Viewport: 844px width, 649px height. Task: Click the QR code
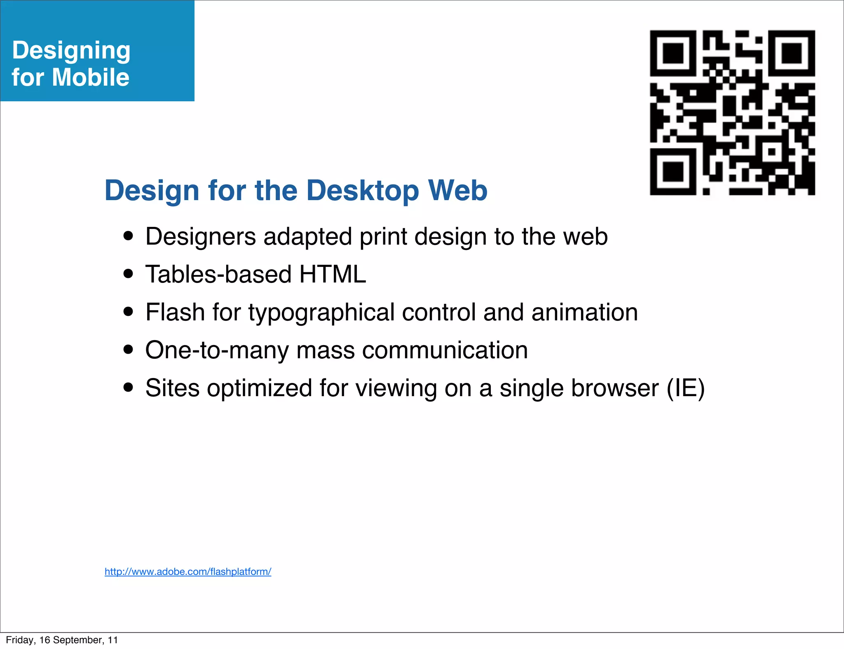click(x=732, y=112)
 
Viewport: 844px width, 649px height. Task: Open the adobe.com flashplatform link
click(x=188, y=572)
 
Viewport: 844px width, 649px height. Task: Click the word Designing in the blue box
click(x=71, y=51)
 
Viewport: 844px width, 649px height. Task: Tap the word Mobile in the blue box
click(x=91, y=77)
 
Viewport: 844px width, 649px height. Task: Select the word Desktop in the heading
click(x=363, y=191)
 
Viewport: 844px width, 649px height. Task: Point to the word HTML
click(x=333, y=274)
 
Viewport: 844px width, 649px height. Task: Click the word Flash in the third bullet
click(x=175, y=312)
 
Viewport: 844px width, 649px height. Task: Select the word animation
click(x=584, y=312)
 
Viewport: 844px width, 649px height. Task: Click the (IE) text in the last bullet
click(x=686, y=388)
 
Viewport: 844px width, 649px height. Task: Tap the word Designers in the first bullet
click(x=201, y=237)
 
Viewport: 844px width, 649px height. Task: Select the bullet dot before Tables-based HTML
click(x=129, y=274)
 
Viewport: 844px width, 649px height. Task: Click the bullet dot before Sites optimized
click(x=129, y=388)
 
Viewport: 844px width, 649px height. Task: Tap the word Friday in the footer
click(x=19, y=640)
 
